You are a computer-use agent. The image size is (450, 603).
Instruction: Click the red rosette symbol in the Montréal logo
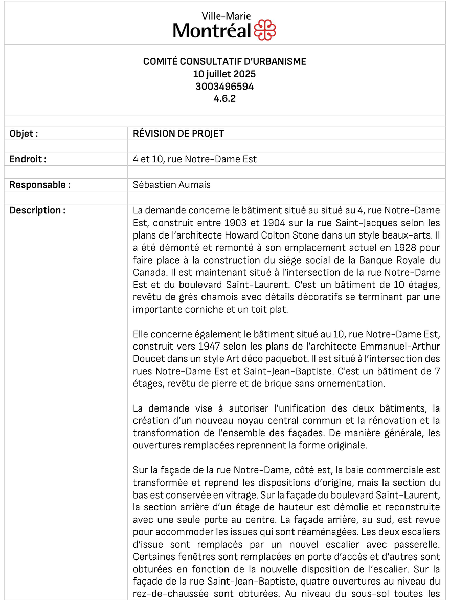click(x=265, y=30)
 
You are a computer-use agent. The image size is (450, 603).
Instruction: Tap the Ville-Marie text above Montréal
click(x=223, y=16)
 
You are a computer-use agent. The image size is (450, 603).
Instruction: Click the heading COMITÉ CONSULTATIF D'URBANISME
click(x=224, y=62)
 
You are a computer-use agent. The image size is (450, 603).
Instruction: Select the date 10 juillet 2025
click(x=224, y=74)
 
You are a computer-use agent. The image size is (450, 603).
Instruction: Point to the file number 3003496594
click(x=224, y=87)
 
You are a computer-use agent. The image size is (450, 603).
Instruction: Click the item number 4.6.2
click(x=224, y=99)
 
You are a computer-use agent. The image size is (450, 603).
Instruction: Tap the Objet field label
click(x=24, y=134)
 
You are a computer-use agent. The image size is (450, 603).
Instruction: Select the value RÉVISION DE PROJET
click(x=178, y=134)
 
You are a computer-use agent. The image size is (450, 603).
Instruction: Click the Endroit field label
click(x=28, y=159)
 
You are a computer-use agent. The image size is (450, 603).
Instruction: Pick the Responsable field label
click(x=40, y=185)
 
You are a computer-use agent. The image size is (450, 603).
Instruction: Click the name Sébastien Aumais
click(x=171, y=185)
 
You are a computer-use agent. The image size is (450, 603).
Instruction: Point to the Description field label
click(x=37, y=210)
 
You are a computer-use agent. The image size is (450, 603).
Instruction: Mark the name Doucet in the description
click(x=147, y=359)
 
